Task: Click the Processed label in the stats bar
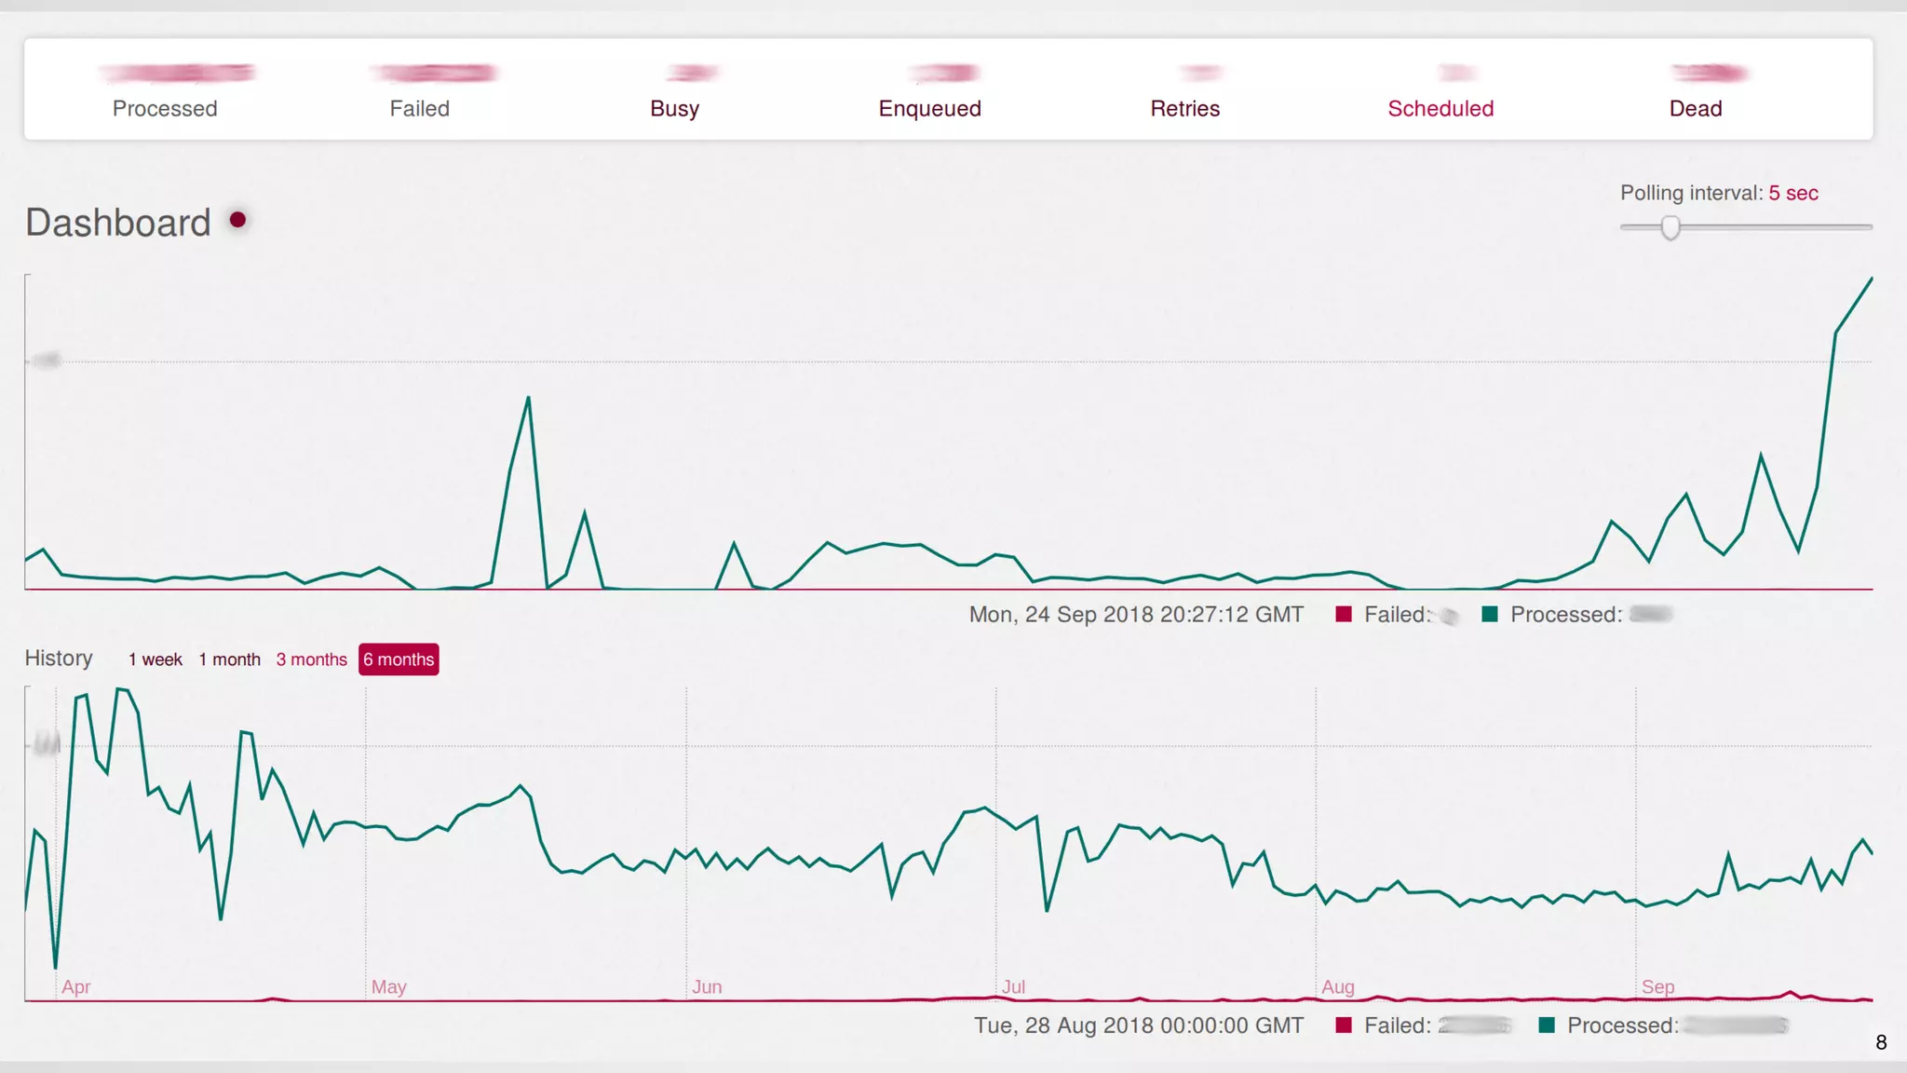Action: pyautogui.click(x=165, y=109)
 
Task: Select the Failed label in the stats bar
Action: pyautogui.click(x=419, y=109)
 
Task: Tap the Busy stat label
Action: pyautogui.click(x=674, y=109)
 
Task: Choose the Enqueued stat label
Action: pyautogui.click(x=929, y=109)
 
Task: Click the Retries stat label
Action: pyautogui.click(x=1184, y=109)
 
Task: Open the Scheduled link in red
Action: pyautogui.click(x=1440, y=109)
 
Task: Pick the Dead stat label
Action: pyautogui.click(x=1695, y=109)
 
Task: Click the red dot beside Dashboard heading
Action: pyautogui.click(x=237, y=220)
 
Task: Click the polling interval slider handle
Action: pyautogui.click(x=1670, y=227)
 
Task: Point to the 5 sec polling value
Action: pyautogui.click(x=1792, y=193)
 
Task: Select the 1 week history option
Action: pyautogui.click(x=156, y=659)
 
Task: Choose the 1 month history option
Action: pyautogui.click(x=229, y=659)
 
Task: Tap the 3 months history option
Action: pyautogui.click(x=311, y=659)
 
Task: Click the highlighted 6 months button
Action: pyautogui.click(x=399, y=659)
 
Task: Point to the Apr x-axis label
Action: pyautogui.click(x=76, y=986)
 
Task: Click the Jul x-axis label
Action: pyautogui.click(x=1013, y=986)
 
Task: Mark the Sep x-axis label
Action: pyautogui.click(x=1657, y=986)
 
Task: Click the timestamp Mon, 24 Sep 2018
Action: pyautogui.click(x=1135, y=615)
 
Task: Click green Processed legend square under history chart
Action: pyautogui.click(x=1547, y=1025)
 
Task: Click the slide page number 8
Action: pyautogui.click(x=1881, y=1042)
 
